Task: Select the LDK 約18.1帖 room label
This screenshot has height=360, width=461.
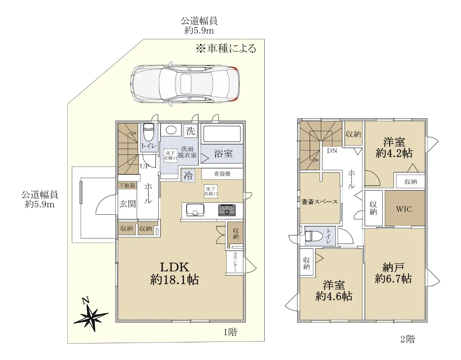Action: click(x=174, y=274)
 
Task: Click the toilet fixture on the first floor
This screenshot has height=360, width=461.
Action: click(x=149, y=132)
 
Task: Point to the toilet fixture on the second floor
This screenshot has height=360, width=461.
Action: click(x=314, y=236)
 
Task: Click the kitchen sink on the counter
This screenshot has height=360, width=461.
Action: click(x=195, y=209)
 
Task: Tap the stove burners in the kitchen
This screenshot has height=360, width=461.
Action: click(x=227, y=210)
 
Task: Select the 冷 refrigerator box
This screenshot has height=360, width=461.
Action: click(x=188, y=176)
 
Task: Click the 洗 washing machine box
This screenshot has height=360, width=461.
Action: click(x=191, y=131)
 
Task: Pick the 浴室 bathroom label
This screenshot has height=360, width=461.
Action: click(x=223, y=153)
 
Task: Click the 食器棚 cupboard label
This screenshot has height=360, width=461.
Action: click(x=222, y=174)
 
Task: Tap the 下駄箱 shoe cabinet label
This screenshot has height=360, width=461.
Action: click(x=127, y=185)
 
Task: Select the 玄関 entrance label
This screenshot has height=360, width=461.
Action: click(x=128, y=204)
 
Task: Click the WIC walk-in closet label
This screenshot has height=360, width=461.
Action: click(x=404, y=209)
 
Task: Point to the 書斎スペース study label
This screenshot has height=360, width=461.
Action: click(x=320, y=202)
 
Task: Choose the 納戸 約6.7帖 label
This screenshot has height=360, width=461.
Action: click(x=393, y=273)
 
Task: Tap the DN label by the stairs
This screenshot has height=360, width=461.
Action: click(x=332, y=151)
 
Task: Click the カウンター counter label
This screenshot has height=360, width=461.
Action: click(x=235, y=262)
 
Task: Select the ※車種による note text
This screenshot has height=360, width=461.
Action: click(x=226, y=48)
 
